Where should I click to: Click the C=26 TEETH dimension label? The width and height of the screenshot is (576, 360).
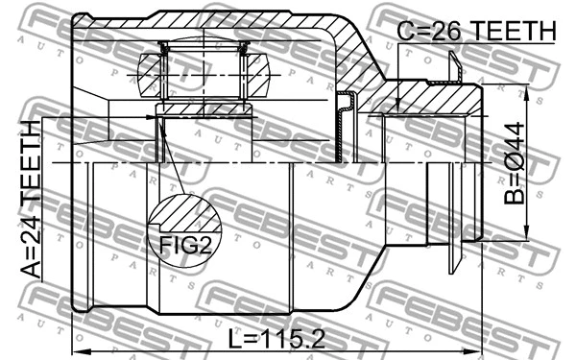477,31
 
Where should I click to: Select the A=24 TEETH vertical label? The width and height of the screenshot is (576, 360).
31,200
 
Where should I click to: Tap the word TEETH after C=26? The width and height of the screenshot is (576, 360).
514,31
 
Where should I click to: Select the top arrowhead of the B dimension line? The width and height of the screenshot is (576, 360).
526,89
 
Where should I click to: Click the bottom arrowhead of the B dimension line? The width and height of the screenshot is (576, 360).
526,235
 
